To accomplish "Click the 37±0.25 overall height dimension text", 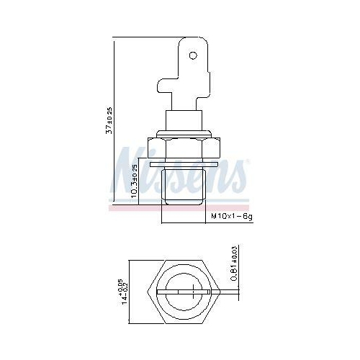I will (109, 122).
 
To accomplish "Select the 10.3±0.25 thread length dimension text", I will (135, 184).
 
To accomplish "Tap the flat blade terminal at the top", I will (189, 72).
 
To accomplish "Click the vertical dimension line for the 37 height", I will (115, 122).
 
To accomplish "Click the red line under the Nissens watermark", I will (180, 207).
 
